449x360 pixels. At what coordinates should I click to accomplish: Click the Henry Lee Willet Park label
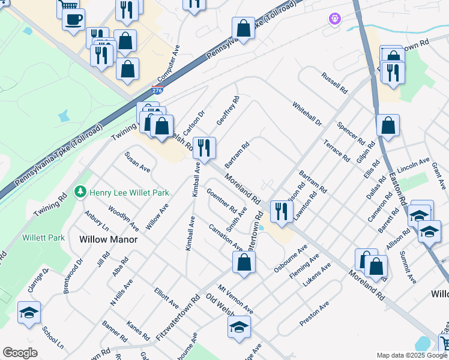pyautogui.click(x=129, y=193)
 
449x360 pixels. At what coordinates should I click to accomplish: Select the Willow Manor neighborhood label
pyautogui.click(x=109, y=239)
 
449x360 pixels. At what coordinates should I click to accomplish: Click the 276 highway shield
pyautogui.click(x=157, y=91)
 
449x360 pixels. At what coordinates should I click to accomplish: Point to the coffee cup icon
pyautogui.click(x=73, y=20)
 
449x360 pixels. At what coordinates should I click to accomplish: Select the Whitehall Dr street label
pyautogui.click(x=307, y=114)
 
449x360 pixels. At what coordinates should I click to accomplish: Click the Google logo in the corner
pyautogui.click(x=20, y=353)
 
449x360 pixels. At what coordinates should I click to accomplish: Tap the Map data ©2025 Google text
pyautogui.click(x=411, y=355)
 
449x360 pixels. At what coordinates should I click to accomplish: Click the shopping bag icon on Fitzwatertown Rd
pyautogui.click(x=244, y=262)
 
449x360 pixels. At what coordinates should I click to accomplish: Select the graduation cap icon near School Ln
pyautogui.click(x=29, y=313)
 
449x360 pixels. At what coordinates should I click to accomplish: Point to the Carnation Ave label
pyautogui.click(x=226, y=238)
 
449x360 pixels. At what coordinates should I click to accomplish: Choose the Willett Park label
pyautogui.click(x=43, y=238)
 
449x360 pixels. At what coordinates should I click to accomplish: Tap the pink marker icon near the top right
pyautogui.click(x=334, y=19)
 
